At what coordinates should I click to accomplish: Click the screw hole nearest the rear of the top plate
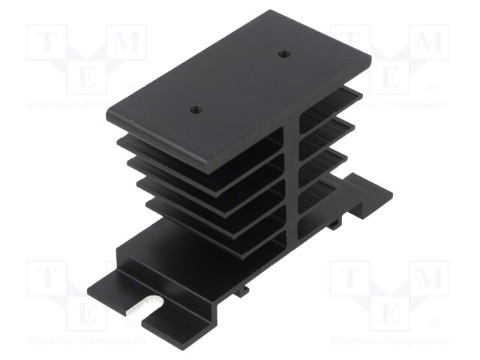click(x=284, y=53)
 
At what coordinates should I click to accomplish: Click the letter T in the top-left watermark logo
click(x=46, y=44)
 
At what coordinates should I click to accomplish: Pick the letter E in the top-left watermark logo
click(x=87, y=76)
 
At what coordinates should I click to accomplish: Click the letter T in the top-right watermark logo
click(x=350, y=44)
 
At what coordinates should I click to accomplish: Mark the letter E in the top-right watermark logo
click(x=391, y=76)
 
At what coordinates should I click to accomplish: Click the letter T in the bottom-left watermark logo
click(x=46, y=280)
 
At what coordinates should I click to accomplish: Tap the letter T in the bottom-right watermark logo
click(x=350, y=280)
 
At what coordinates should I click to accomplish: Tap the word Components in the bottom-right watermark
click(x=417, y=340)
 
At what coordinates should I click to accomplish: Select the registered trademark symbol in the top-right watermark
click(x=433, y=88)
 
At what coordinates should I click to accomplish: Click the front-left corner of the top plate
click(x=109, y=112)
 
